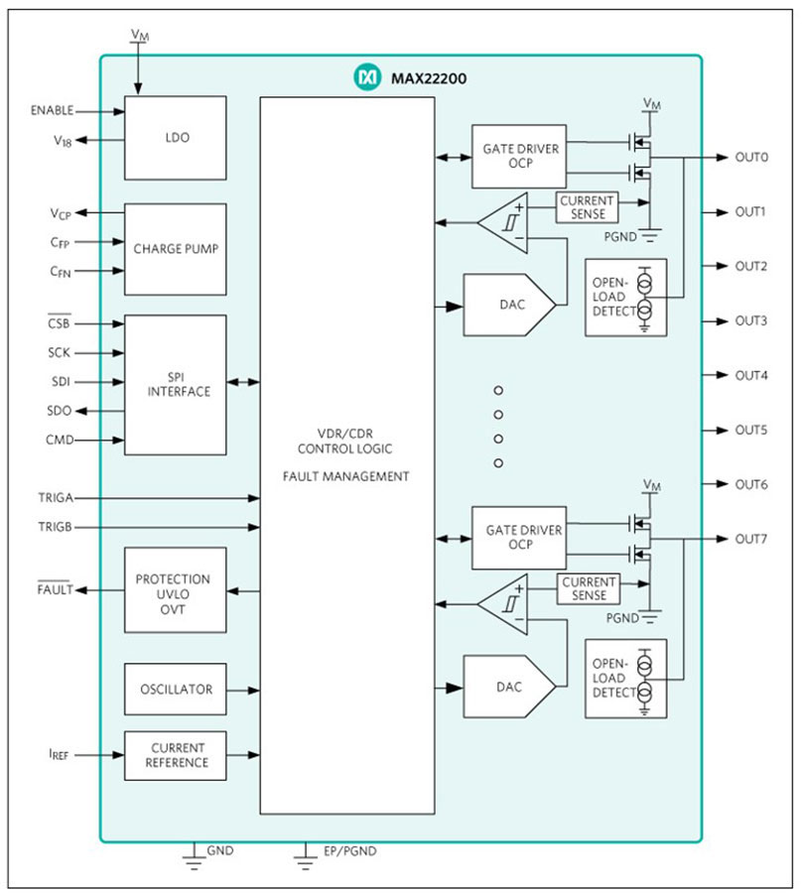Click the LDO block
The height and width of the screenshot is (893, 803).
[x=176, y=138]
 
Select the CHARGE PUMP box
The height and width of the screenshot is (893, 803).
[x=176, y=249]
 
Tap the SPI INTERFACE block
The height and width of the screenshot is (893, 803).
[x=176, y=384]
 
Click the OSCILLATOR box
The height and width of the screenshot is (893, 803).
[x=176, y=689]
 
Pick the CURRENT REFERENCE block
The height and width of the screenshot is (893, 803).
[x=176, y=755]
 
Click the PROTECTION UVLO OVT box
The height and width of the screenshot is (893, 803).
[x=176, y=590]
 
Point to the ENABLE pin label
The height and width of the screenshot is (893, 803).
[x=52, y=110]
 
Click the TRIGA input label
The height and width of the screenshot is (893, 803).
[x=56, y=498]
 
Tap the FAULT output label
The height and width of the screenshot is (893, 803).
[x=56, y=589]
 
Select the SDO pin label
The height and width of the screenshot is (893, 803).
[x=60, y=411]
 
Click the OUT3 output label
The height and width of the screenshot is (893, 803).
[x=751, y=321]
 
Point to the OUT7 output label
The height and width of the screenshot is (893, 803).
[x=751, y=539]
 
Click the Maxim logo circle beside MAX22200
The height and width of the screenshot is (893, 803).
[x=367, y=76]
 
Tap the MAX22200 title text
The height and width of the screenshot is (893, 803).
[x=429, y=78]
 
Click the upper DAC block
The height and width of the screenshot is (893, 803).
[x=509, y=305]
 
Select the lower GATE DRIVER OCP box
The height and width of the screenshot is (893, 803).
[x=519, y=538]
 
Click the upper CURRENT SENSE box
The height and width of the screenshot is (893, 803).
[x=587, y=207]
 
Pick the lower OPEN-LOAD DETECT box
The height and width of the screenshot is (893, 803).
[x=625, y=679]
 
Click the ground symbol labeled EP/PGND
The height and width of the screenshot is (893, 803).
[x=306, y=857]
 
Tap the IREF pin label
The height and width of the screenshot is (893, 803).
[x=59, y=755]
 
